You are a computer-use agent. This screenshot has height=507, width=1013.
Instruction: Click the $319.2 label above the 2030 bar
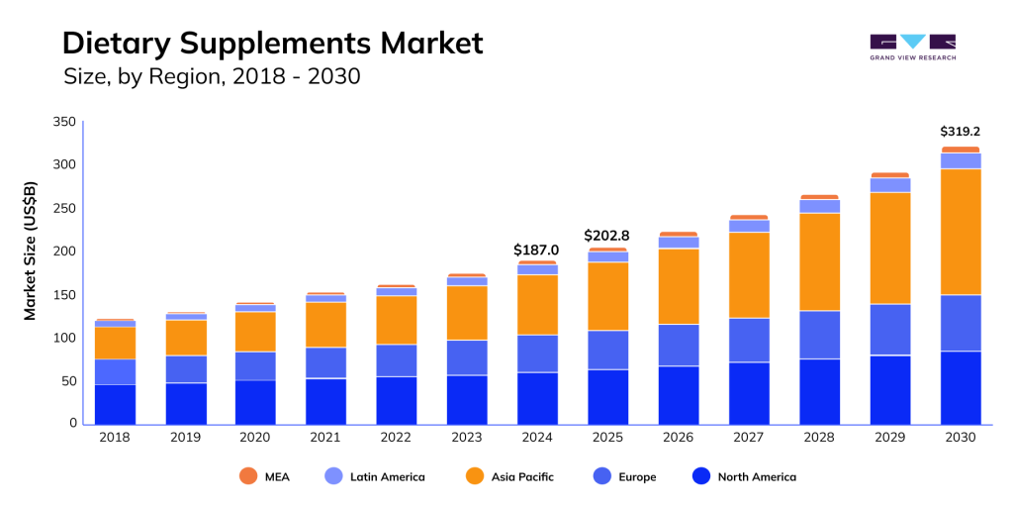(x=960, y=131)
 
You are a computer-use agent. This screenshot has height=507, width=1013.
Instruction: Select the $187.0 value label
(x=536, y=251)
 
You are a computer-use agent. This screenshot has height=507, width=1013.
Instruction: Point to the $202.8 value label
(x=607, y=236)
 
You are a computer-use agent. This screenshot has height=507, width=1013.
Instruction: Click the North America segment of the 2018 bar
(x=115, y=404)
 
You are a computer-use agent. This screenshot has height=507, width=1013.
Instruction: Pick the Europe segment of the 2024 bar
(x=537, y=354)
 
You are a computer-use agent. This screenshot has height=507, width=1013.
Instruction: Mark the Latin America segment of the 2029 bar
(x=889, y=185)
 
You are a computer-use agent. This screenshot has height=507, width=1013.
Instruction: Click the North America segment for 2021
(x=325, y=401)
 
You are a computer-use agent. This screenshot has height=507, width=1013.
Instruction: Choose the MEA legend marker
(x=248, y=476)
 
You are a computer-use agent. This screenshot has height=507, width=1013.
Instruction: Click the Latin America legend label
(x=388, y=477)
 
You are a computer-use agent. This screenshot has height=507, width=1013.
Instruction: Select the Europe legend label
(x=637, y=477)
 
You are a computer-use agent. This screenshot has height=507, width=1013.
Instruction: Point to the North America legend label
(x=757, y=477)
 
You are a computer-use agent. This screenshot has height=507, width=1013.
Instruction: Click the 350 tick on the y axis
(x=63, y=122)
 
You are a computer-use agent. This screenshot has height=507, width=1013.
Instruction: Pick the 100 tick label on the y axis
(x=63, y=338)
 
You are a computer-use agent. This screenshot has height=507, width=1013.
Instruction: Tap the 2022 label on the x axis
(x=396, y=437)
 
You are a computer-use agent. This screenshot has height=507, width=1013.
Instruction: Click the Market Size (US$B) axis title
(x=31, y=251)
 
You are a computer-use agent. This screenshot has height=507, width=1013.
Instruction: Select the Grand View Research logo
(x=912, y=48)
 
